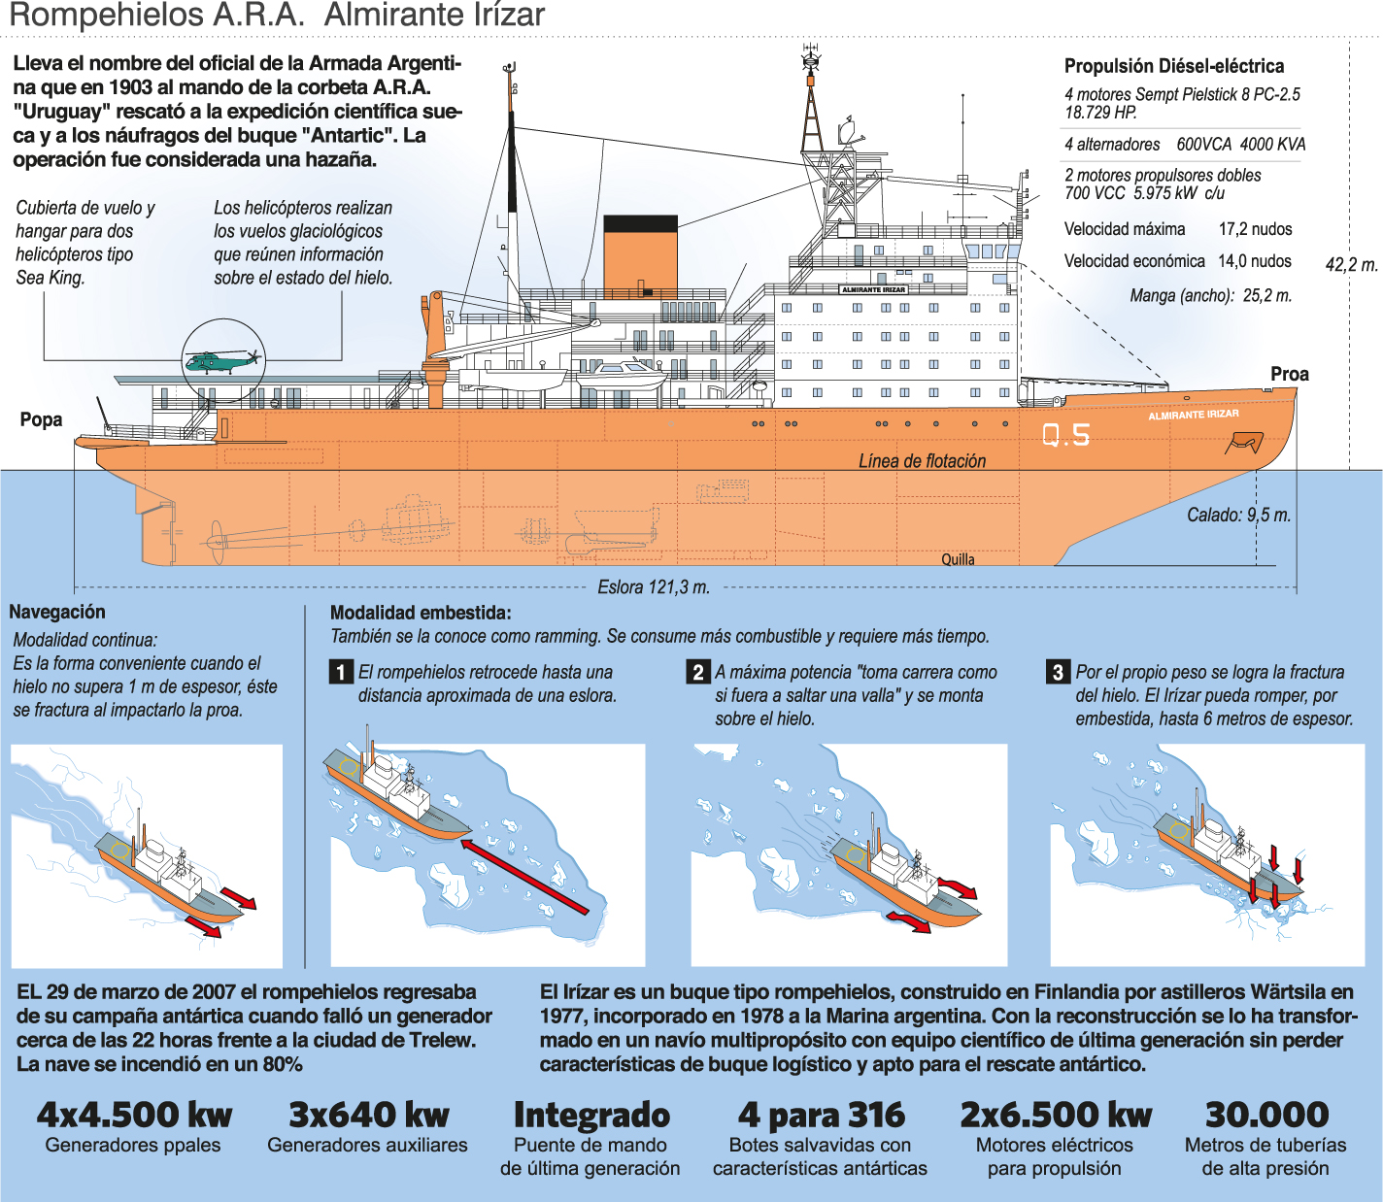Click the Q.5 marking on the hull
coord(1066,435)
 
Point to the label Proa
coord(1289,374)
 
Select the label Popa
coord(41,419)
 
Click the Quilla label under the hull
coord(958,559)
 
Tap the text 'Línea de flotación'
coord(922,461)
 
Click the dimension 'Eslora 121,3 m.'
coord(653,586)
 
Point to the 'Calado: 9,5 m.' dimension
coord(1238,515)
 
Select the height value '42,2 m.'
coord(1351,264)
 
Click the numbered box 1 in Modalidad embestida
coord(341,672)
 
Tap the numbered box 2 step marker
coord(698,672)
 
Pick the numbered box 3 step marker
coord(1058,672)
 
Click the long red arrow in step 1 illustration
coord(524,878)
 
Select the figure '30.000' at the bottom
coord(1266,1115)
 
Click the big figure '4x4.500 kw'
coord(134,1115)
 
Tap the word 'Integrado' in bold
coord(591,1115)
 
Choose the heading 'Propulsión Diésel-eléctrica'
coord(1173,66)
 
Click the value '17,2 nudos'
coord(1255,229)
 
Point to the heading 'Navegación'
coord(57,612)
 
